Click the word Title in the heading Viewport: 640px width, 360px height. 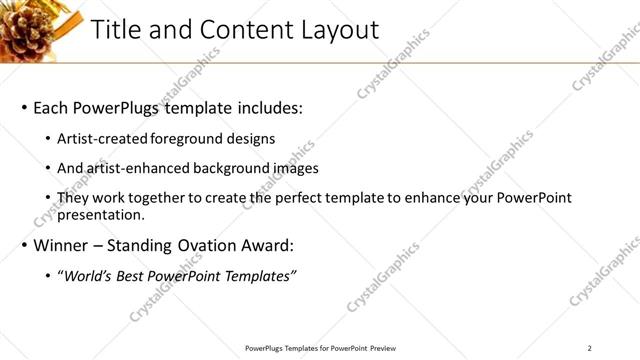117,30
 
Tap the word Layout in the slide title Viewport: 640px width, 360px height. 340,30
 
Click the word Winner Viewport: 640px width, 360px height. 62,245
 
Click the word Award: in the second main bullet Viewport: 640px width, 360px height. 267,245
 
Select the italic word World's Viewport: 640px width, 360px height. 88,276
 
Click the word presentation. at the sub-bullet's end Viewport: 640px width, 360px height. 101,214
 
